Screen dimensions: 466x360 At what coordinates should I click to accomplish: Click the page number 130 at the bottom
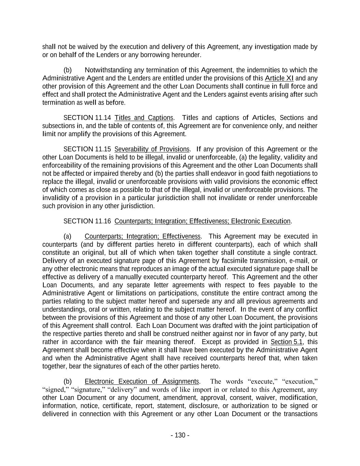click(180, 435)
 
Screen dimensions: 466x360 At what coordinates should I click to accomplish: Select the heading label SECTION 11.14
click(87, 118)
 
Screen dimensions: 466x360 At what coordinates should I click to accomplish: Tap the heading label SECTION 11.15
click(87, 150)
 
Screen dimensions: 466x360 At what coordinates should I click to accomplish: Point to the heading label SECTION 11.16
click(87, 222)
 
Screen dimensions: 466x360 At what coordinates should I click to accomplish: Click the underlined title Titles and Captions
click(144, 118)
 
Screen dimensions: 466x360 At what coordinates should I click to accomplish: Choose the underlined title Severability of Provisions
click(152, 150)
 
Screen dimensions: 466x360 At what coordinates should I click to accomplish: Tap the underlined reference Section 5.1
click(286, 342)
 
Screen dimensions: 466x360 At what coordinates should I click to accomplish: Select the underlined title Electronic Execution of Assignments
click(142, 382)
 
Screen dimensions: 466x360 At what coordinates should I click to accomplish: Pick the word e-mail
click(299, 261)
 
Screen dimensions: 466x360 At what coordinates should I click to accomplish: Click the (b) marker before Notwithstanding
click(68, 70)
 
